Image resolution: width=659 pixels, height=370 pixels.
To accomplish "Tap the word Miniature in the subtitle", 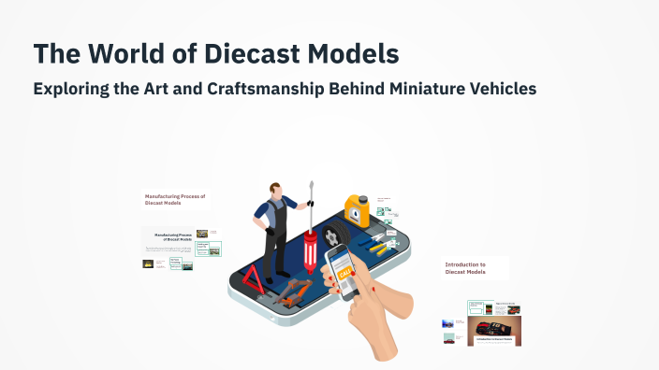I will pyautogui.click(x=411, y=90).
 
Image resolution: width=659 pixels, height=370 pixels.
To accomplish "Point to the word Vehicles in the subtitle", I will pyautogui.click(x=502, y=90).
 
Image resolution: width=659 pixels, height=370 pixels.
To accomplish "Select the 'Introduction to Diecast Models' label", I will pyautogui.click(x=465, y=269).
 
